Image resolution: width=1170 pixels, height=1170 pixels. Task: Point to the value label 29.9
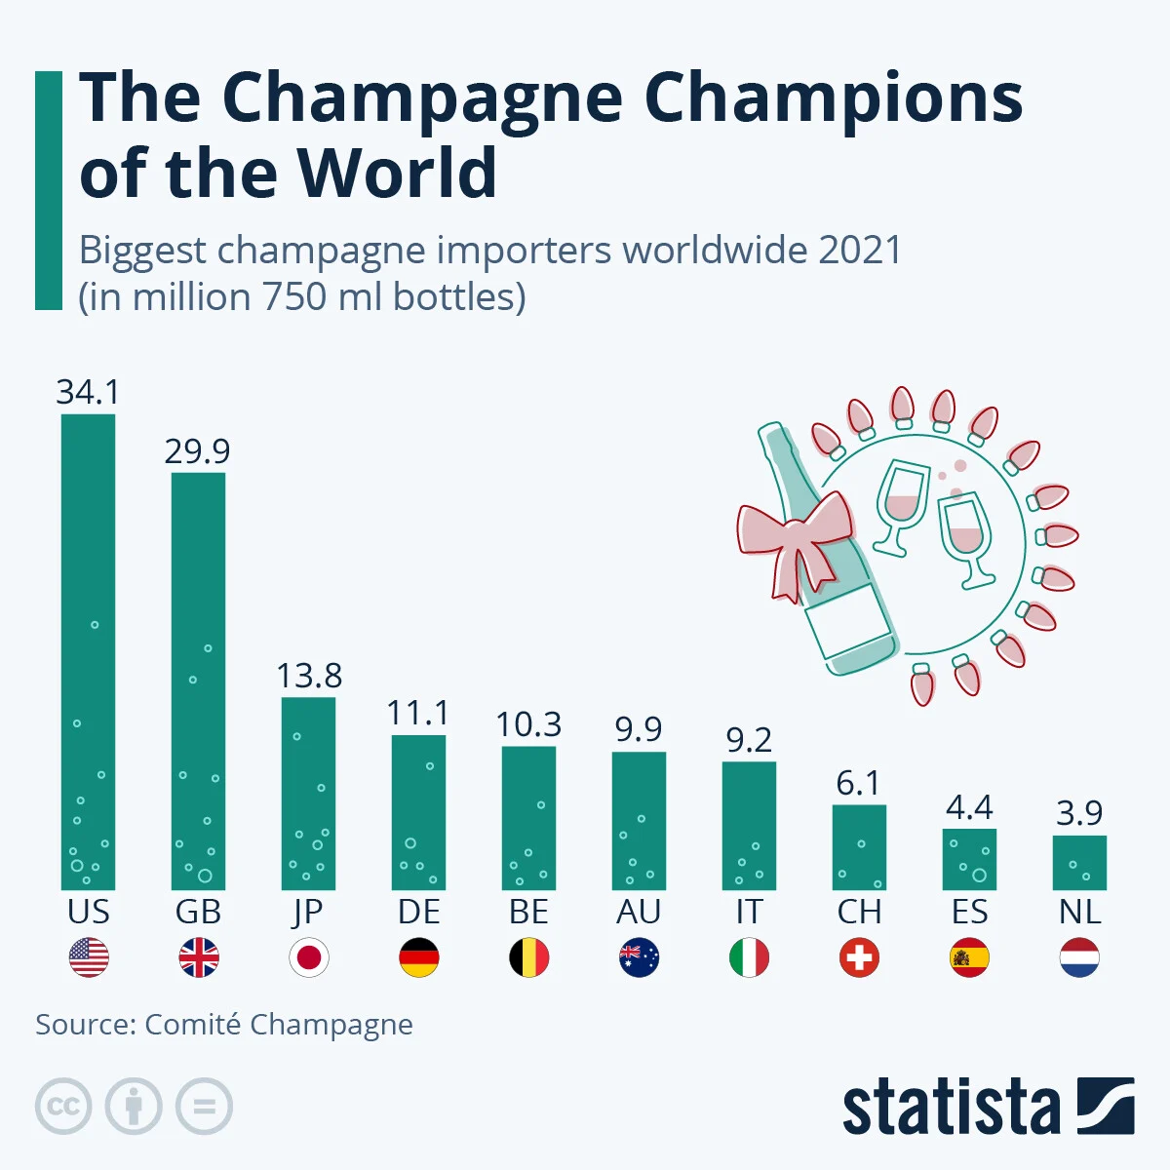(197, 451)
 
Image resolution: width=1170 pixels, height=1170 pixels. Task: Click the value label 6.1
(858, 783)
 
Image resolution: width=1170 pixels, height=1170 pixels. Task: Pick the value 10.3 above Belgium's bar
(528, 725)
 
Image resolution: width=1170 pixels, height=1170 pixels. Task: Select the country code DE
(418, 912)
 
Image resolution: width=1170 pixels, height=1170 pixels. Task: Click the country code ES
(969, 912)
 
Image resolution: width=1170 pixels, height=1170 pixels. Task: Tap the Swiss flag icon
(859, 957)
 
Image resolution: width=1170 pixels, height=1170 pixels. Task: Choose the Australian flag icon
(639, 957)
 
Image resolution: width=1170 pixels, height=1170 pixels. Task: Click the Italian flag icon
(749, 957)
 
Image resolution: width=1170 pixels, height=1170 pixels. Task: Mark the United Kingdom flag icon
(199, 957)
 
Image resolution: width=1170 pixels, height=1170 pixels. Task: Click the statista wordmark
(952, 1108)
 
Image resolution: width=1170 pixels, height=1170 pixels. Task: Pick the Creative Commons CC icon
(63, 1107)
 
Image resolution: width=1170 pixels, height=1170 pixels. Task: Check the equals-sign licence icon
(204, 1107)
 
